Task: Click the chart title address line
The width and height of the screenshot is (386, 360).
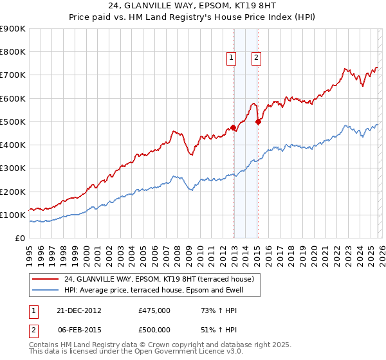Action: click(192, 6)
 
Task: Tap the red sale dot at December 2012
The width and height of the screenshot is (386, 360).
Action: click(233, 127)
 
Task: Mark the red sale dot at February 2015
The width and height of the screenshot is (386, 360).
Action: click(258, 122)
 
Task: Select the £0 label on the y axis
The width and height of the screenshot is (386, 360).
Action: click(20, 238)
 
